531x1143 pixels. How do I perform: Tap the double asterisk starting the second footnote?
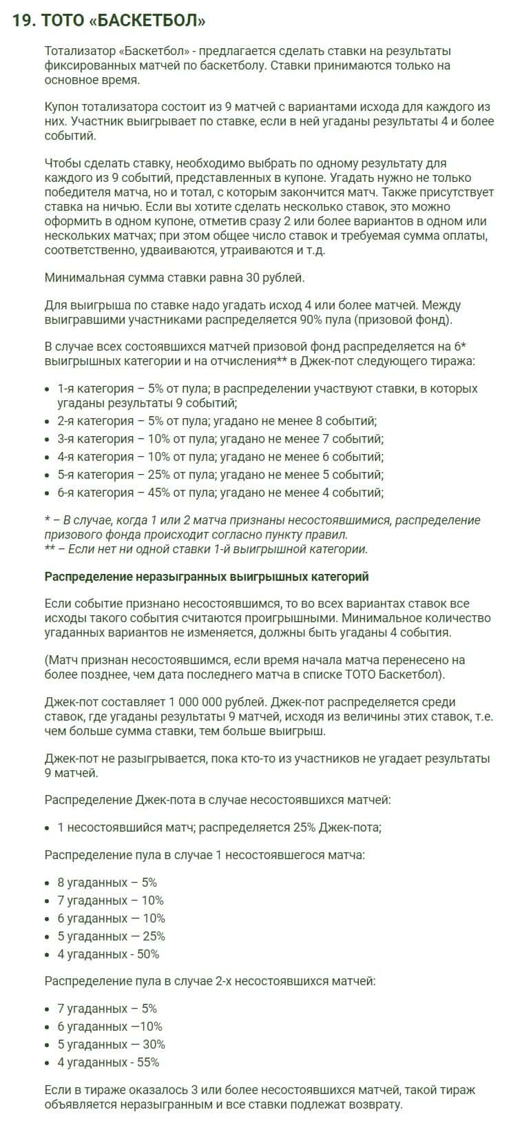coord(50,549)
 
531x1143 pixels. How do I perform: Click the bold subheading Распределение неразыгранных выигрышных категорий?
coord(207,577)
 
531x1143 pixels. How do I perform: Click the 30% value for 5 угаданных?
coord(154,1044)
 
